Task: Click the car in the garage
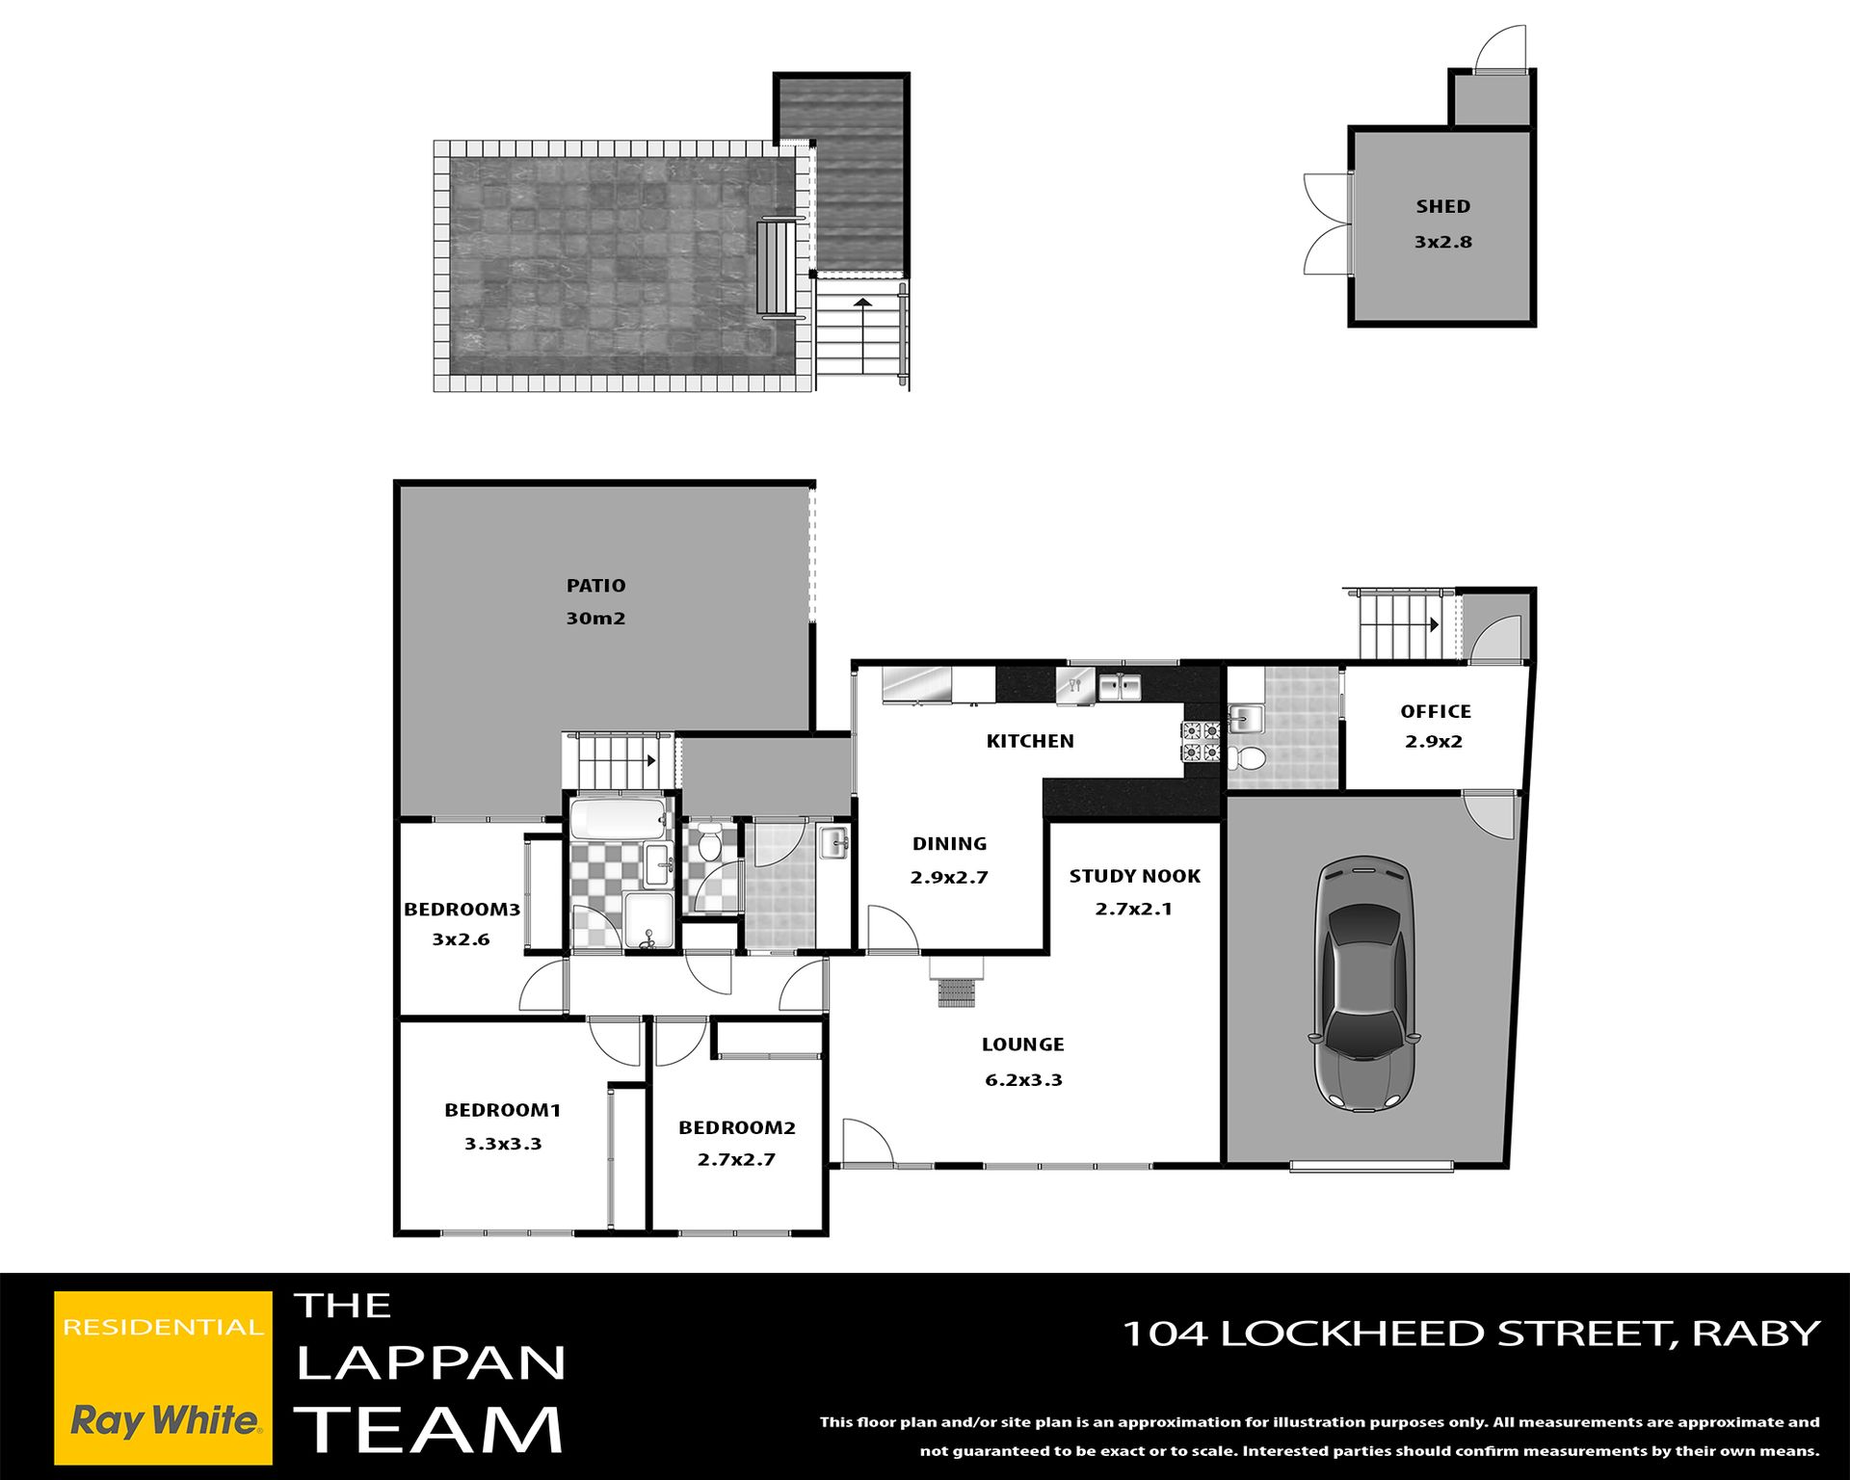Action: (1364, 984)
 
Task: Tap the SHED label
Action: (1443, 206)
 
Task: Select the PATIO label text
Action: (595, 586)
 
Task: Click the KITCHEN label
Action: (1030, 741)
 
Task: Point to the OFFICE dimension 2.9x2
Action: (1434, 742)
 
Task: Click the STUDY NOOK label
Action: (1135, 876)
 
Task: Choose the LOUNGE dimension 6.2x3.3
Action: (1023, 1080)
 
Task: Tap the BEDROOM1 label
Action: (502, 1110)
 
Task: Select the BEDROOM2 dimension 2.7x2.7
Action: (736, 1160)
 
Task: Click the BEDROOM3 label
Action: (462, 910)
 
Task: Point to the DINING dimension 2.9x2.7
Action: (949, 878)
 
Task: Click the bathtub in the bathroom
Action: (618, 818)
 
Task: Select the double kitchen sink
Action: (1120, 687)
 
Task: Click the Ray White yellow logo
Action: (163, 1378)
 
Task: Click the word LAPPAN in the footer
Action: (431, 1362)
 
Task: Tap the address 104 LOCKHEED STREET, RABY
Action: (1471, 1334)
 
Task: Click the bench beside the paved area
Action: (780, 269)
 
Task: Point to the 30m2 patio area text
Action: (595, 619)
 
